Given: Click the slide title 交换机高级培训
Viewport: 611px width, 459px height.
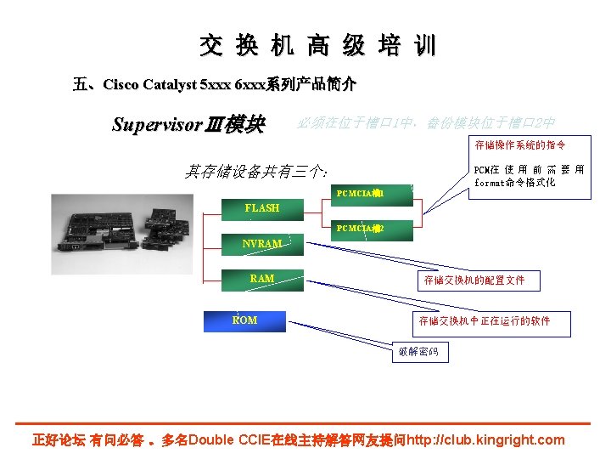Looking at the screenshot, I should click(317, 45).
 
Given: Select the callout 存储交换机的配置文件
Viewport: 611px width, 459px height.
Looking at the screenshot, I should click(474, 280).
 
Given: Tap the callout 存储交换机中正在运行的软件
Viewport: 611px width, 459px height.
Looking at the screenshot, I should click(484, 321).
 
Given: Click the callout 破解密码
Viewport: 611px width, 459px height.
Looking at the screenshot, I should click(418, 352).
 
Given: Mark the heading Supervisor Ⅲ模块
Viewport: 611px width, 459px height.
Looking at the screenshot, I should click(188, 125).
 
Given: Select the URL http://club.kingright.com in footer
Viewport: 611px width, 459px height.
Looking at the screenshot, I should click(485, 440).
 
